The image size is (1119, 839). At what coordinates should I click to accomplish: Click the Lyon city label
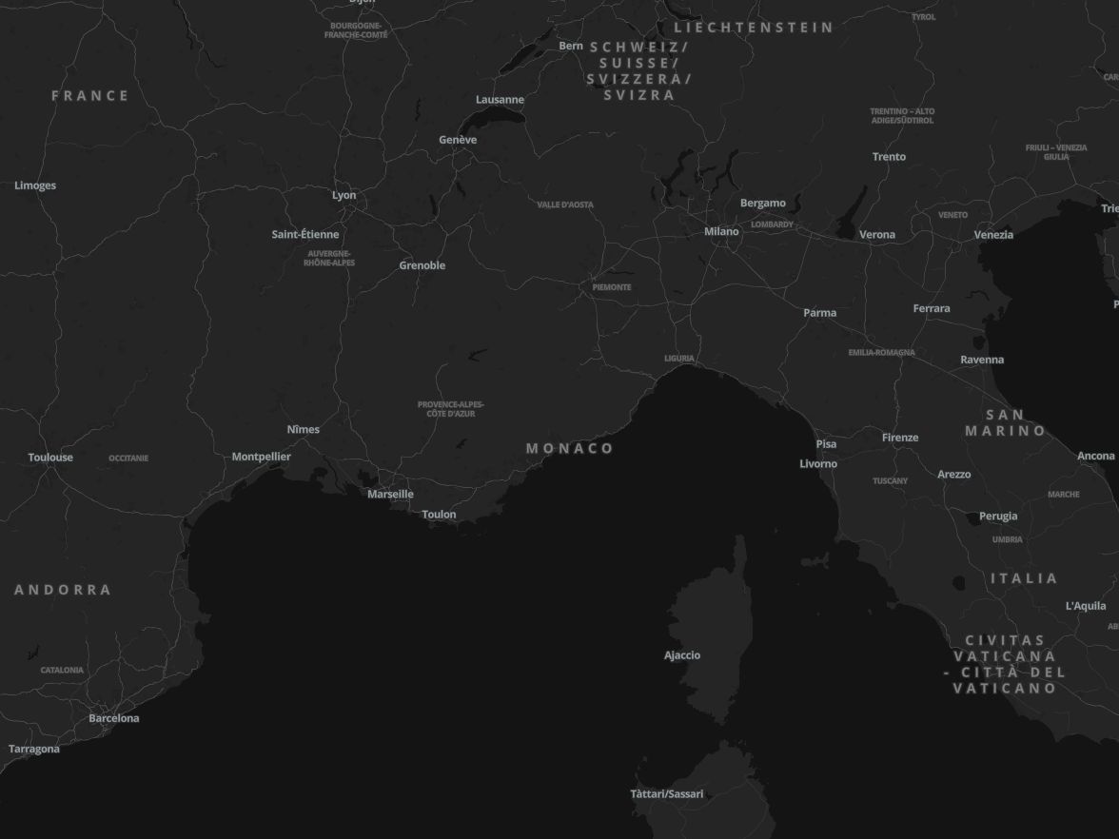pos(344,195)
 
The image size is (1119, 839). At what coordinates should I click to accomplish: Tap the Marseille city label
pos(390,494)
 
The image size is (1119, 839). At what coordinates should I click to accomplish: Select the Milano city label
pos(721,231)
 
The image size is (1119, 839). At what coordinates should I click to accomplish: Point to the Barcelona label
pos(114,718)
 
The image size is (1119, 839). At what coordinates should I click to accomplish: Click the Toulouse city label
pos(50,458)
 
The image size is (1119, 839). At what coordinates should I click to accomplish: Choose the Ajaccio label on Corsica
pos(682,655)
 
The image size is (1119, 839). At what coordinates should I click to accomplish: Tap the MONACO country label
pos(570,448)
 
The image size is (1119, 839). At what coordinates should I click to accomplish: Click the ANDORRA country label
pos(63,590)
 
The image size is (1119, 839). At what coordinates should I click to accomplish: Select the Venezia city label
pos(993,234)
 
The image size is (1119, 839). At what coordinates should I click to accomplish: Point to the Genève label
pos(458,140)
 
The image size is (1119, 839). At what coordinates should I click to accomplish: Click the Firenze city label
pos(900,438)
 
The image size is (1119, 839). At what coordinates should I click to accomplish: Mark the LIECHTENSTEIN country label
pos(754,28)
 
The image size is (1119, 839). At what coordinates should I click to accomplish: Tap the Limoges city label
pos(35,185)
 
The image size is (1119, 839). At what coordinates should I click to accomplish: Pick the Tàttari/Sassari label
pos(667,794)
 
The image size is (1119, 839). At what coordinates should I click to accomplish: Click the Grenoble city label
pos(422,265)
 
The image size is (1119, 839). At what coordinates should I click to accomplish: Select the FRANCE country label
pos(90,95)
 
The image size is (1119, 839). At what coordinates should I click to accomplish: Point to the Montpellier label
pos(262,457)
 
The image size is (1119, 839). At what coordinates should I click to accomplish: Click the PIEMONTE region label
pos(612,287)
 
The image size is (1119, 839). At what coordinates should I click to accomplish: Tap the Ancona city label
pos(1095,457)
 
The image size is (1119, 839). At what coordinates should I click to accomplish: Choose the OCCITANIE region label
pos(128,459)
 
